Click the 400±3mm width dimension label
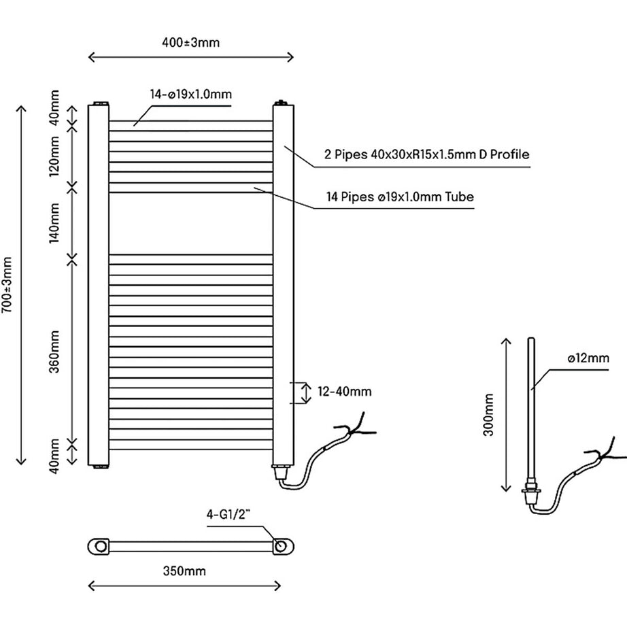click(190, 43)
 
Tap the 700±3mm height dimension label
click(7, 284)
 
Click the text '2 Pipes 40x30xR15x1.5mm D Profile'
click(426, 155)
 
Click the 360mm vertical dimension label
click(55, 349)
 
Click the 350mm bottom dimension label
click(184, 571)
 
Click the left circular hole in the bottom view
click(101, 545)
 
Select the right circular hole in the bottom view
click(279, 545)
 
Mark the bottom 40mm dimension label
click(55, 456)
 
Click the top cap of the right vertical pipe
click(282, 103)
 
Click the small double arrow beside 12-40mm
click(297, 392)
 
